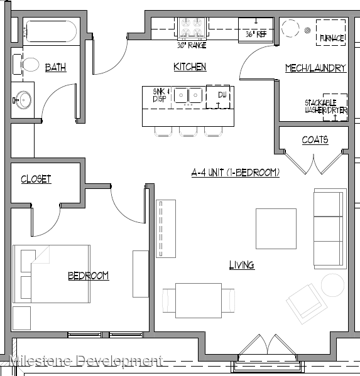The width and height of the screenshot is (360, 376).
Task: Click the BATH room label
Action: pyautogui.click(x=56, y=68)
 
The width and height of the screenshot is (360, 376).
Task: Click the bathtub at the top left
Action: pyautogui.click(x=50, y=31)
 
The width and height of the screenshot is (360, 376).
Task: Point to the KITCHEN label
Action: pyautogui.click(x=190, y=67)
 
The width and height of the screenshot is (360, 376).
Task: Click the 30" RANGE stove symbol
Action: pyautogui.click(x=193, y=27)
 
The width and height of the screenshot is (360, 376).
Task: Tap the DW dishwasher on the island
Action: pyautogui.click(x=219, y=96)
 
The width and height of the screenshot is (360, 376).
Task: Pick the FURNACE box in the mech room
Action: pyautogui.click(x=331, y=32)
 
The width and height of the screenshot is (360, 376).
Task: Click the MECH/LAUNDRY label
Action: pyautogui.click(x=315, y=68)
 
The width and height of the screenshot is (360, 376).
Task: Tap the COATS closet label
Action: pyautogui.click(x=315, y=139)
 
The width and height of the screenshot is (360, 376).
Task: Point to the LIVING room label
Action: pyautogui.click(x=241, y=265)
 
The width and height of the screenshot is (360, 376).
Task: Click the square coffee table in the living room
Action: pyautogui.click(x=276, y=228)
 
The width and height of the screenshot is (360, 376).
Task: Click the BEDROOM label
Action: pyautogui.click(x=89, y=276)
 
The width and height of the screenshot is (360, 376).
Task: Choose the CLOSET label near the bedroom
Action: pyautogui.click(x=36, y=180)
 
